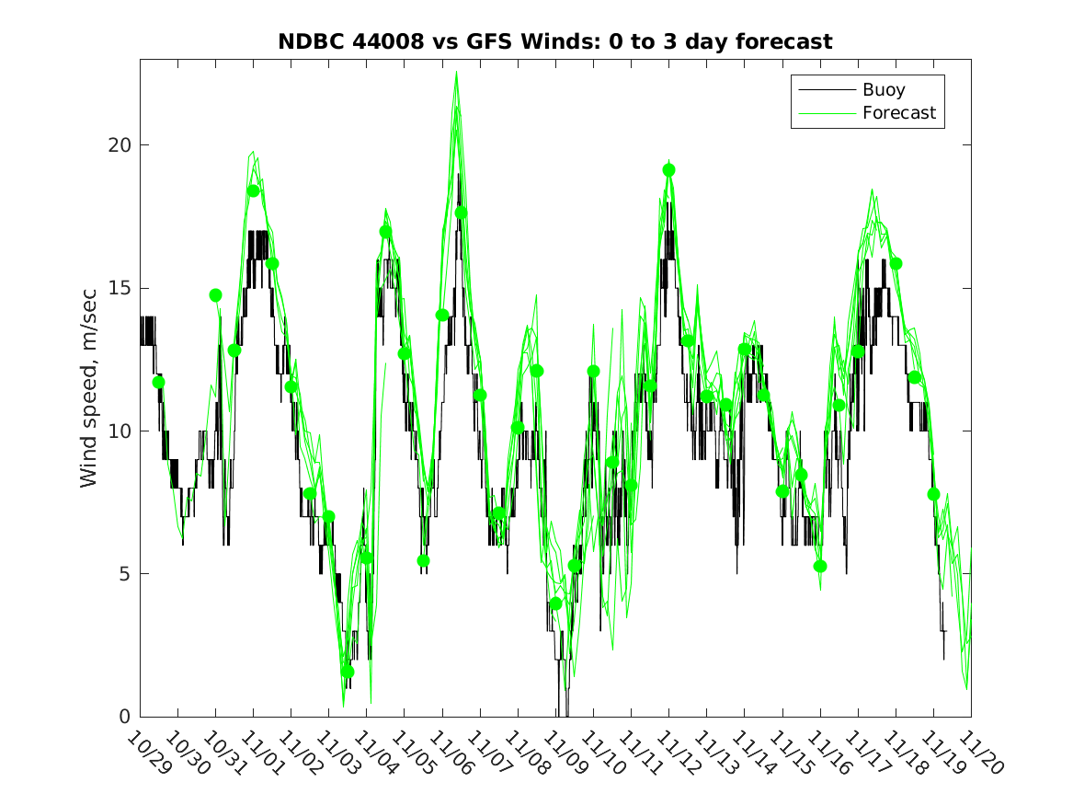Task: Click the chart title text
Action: pos(555,41)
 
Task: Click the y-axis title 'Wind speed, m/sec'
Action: pos(88,387)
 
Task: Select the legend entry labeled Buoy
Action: pos(883,90)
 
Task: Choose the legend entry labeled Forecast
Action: pos(898,113)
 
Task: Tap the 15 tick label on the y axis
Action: pos(120,288)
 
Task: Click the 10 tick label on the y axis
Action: pos(120,431)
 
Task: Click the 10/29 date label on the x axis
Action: pos(146,753)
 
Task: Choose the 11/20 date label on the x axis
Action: pos(978,753)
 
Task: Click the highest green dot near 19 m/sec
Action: pos(668,170)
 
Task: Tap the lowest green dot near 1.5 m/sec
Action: pos(348,672)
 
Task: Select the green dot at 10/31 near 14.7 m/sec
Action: pos(215,295)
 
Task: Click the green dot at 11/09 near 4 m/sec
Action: pos(555,604)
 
